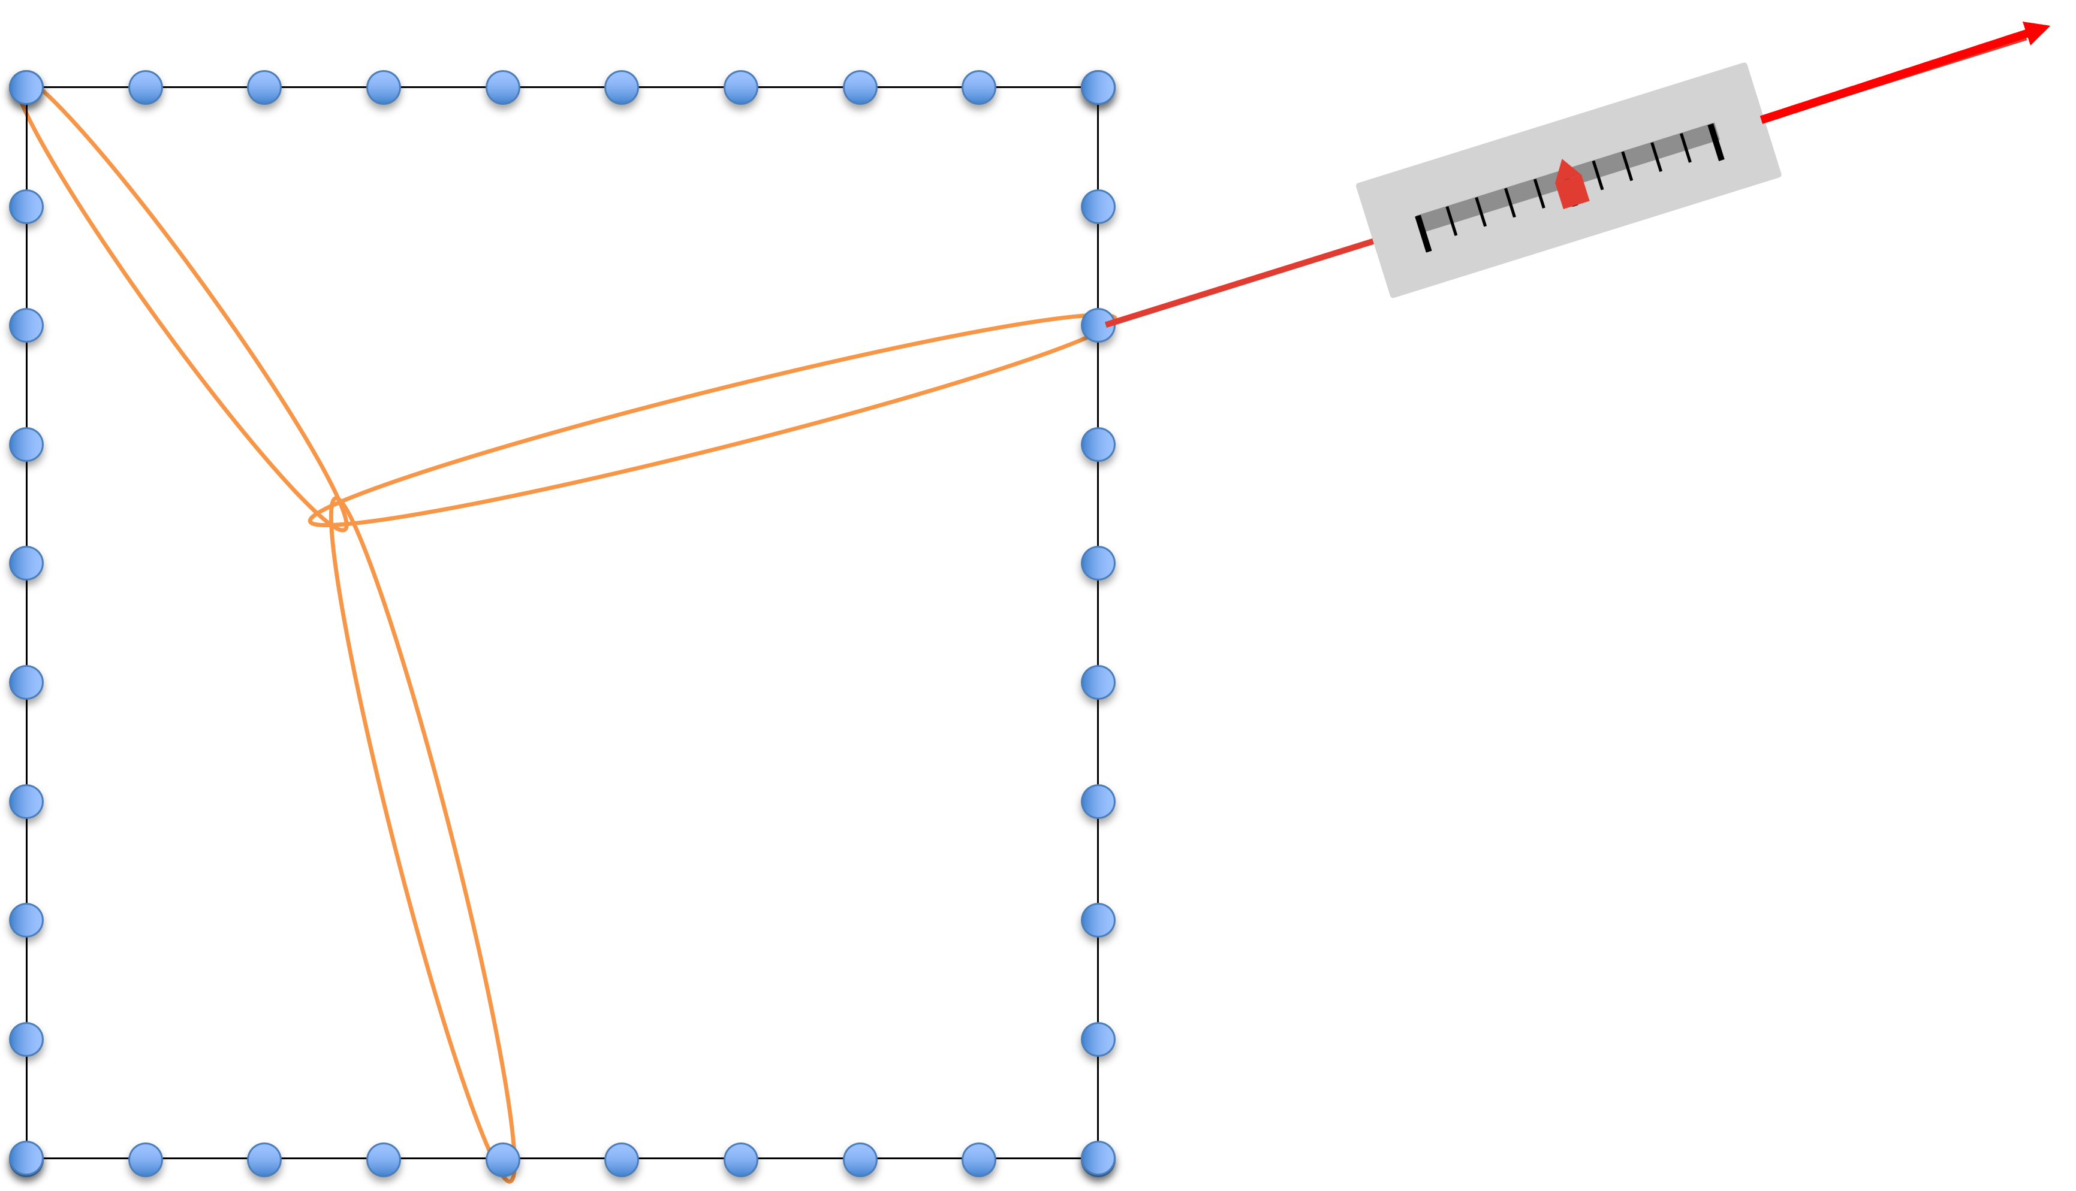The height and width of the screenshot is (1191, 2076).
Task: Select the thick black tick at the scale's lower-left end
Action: pos(1423,234)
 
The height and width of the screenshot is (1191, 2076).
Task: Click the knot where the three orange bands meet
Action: pos(336,513)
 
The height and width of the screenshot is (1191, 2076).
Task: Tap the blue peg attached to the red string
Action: pos(1097,325)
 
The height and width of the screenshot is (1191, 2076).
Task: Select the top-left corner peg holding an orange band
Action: pos(26,87)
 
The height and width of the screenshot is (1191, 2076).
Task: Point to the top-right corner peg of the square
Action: pos(1097,87)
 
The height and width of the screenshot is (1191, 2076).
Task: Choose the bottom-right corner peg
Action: pos(1097,1158)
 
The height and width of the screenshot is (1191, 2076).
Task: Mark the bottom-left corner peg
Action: pos(26,1158)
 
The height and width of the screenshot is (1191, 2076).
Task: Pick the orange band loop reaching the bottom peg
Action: pos(421,842)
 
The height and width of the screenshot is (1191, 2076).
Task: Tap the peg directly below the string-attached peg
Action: pos(1097,444)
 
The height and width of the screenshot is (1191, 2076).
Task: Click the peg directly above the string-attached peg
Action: pos(1097,206)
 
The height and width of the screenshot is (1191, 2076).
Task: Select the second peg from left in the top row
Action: pos(146,87)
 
